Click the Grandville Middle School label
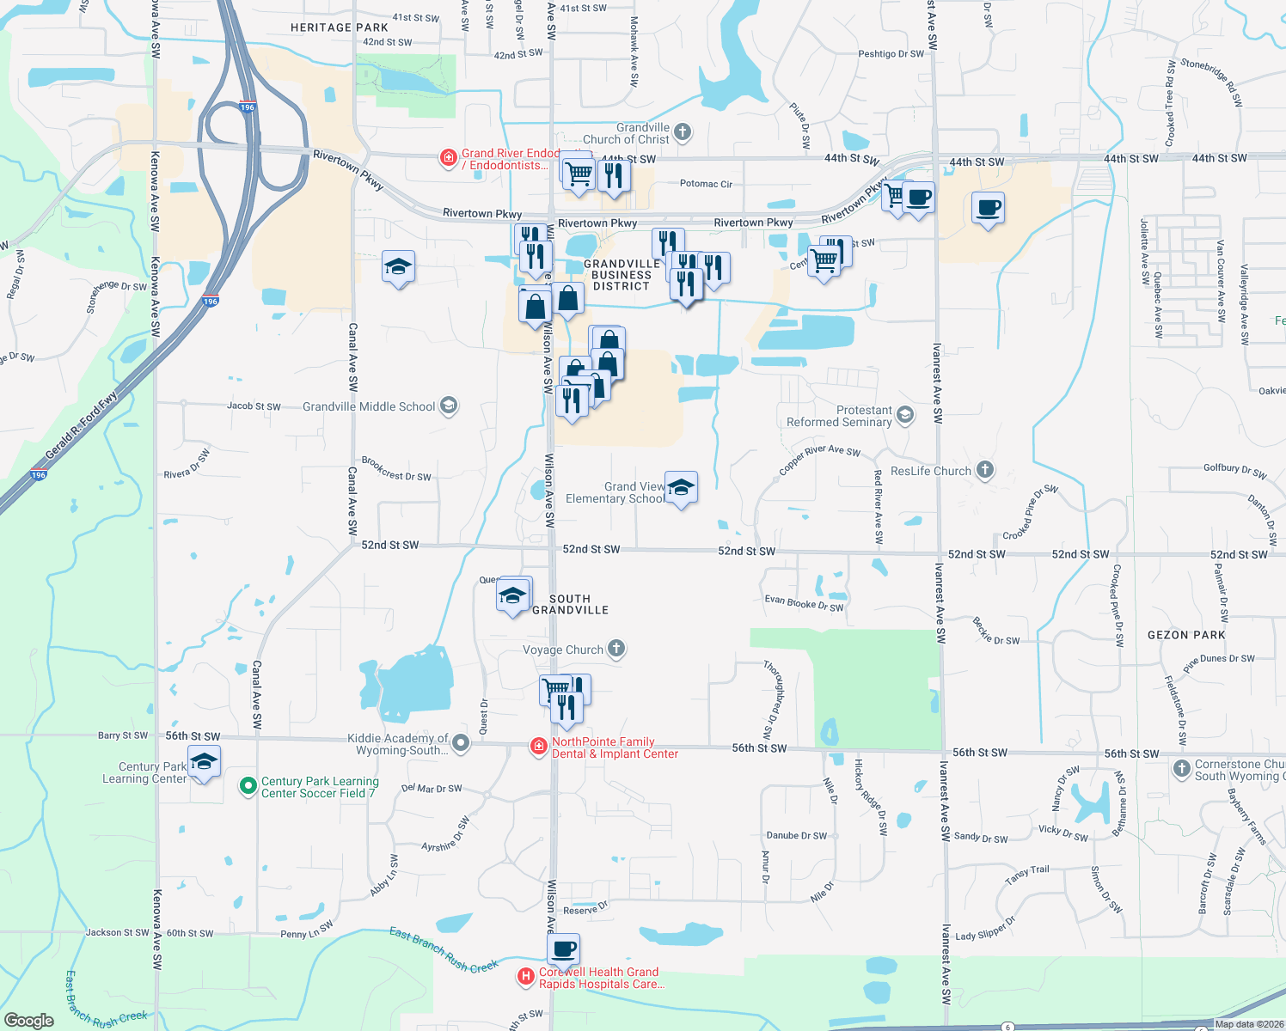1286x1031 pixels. tap(369, 406)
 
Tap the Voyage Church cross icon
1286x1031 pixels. tap(616, 649)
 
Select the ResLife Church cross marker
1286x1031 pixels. tap(985, 470)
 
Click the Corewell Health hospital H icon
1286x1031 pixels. tap(525, 977)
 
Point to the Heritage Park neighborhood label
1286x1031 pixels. tap(339, 27)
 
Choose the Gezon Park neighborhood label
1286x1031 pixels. tap(1186, 635)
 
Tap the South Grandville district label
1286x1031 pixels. tap(570, 604)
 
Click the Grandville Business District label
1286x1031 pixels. tap(622, 275)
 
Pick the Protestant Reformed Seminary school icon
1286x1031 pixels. tap(904, 416)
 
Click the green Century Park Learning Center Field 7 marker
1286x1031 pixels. tap(248, 785)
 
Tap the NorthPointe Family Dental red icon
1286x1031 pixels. tap(539, 746)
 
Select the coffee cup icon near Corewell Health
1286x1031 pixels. tap(564, 949)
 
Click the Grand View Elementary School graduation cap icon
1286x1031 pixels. tap(681, 488)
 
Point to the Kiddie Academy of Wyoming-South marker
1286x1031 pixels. tap(461, 743)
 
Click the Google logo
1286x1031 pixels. tap(28, 1021)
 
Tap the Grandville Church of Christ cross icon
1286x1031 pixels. tap(683, 132)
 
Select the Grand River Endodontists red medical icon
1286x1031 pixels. tap(448, 157)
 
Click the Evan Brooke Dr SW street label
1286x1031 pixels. tap(804, 604)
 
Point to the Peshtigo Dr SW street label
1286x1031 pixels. tap(891, 54)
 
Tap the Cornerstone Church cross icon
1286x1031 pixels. tap(1182, 769)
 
